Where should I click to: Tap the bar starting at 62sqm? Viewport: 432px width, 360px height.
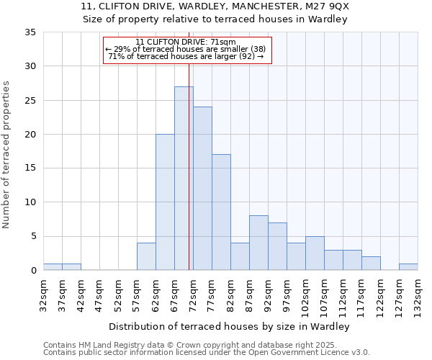point(165,202)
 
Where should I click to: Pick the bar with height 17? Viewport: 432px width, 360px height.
point(221,212)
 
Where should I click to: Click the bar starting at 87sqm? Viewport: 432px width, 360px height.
point(258,243)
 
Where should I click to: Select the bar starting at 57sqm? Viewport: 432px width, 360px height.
point(146,257)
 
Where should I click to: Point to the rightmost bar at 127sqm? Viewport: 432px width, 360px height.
point(408,267)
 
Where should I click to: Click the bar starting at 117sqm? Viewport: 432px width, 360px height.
point(371,264)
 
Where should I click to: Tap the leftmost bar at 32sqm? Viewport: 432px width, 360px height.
point(53,267)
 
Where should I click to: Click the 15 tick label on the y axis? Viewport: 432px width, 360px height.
point(30,168)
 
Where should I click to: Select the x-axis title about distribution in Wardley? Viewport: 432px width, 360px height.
point(230,327)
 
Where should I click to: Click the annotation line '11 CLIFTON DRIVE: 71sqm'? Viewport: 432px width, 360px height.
point(187,42)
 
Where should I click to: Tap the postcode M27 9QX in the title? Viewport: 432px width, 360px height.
point(325,6)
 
